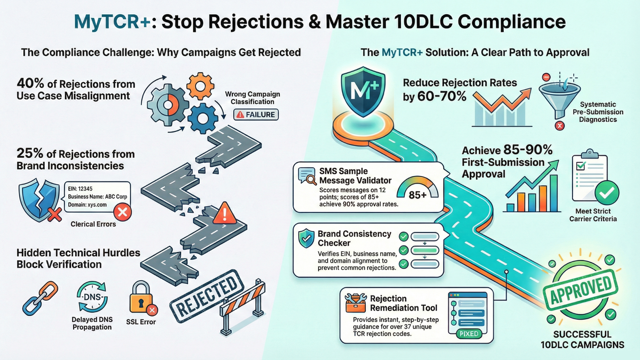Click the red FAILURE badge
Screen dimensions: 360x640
pyautogui.click(x=256, y=115)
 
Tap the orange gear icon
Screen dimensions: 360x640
pyautogui.click(x=200, y=86)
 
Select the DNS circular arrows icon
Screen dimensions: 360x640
pyautogui.click(x=92, y=297)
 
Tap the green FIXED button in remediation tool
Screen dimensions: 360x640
pyautogui.click(x=469, y=334)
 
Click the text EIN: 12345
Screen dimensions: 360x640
pyautogui.click(x=80, y=189)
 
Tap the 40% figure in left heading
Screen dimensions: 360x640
pyautogui.click(x=30, y=83)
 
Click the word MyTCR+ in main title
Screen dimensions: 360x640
pyautogui.click(x=112, y=22)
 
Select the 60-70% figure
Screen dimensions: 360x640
pyautogui.click(x=442, y=96)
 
